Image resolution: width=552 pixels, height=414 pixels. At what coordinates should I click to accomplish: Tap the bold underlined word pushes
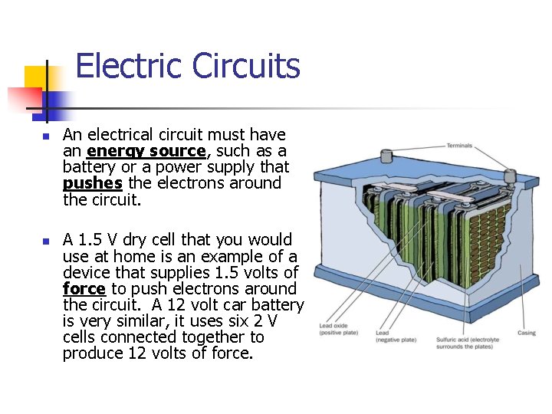[93, 183]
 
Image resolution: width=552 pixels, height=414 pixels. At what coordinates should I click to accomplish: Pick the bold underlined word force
[84, 289]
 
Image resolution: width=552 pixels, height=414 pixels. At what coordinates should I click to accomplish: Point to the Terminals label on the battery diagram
[459, 146]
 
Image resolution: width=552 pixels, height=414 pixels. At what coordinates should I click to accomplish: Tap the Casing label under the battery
[527, 333]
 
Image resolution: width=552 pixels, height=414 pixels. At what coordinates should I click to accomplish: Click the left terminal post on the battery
[387, 156]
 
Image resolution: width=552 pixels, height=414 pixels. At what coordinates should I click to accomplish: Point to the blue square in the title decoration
[56, 102]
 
